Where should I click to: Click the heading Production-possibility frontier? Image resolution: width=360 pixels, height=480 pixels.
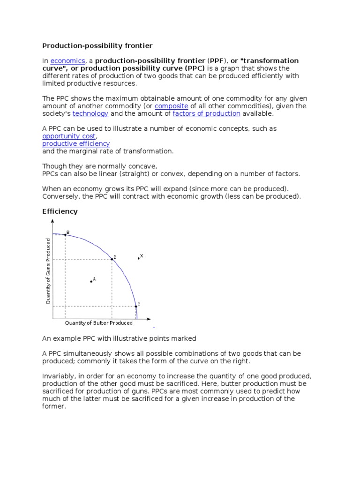click(x=97, y=45)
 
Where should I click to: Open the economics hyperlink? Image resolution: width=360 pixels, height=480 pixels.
click(x=67, y=60)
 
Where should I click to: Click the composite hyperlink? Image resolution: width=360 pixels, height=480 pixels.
click(x=171, y=106)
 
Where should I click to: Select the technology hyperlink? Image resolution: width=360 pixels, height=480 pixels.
click(x=90, y=113)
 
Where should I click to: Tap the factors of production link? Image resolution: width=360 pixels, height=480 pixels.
click(x=206, y=113)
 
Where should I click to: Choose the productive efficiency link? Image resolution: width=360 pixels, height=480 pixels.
click(x=76, y=143)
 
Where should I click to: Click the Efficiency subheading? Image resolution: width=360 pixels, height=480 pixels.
click(x=60, y=211)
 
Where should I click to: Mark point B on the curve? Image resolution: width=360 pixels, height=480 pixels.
click(x=65, y=234)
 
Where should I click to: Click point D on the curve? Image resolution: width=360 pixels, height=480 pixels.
click(x=112, y=259)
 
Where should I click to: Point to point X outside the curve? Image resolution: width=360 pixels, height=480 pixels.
click(x=138, y=258)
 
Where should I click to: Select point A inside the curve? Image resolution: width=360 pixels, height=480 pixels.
click(x=91, y=281)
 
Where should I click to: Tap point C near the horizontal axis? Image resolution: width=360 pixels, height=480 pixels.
click(x=136, y=307)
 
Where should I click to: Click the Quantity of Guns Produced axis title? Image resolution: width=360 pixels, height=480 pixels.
click(x=48, y=271)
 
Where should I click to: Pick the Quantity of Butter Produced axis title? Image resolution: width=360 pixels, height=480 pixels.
click(x=98, y=323)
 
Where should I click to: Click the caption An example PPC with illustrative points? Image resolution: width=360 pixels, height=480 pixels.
click(x=119, y=338)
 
